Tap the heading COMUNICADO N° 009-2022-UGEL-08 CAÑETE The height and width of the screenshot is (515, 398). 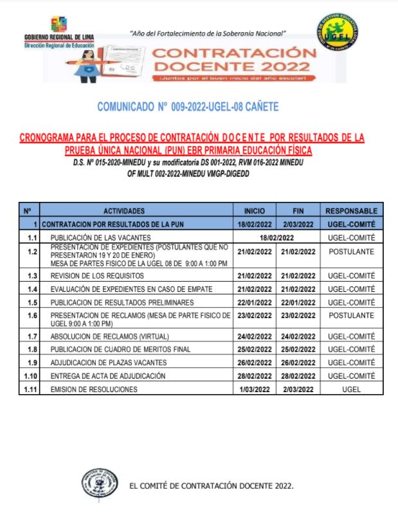(x=188, y=107)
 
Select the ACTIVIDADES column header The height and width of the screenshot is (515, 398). (x=136, y=211)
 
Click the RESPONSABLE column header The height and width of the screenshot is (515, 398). (x=351, y=211)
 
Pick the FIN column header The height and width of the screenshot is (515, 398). (x=298, y=211)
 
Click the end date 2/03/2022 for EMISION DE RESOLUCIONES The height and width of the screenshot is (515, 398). (x=298, y=390)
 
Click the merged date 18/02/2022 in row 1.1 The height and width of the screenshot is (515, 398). (x=276, y=237)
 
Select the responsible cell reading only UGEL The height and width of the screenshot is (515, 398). (x=351, y=390)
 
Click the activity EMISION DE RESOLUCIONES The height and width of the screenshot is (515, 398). (x=94, y=390)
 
